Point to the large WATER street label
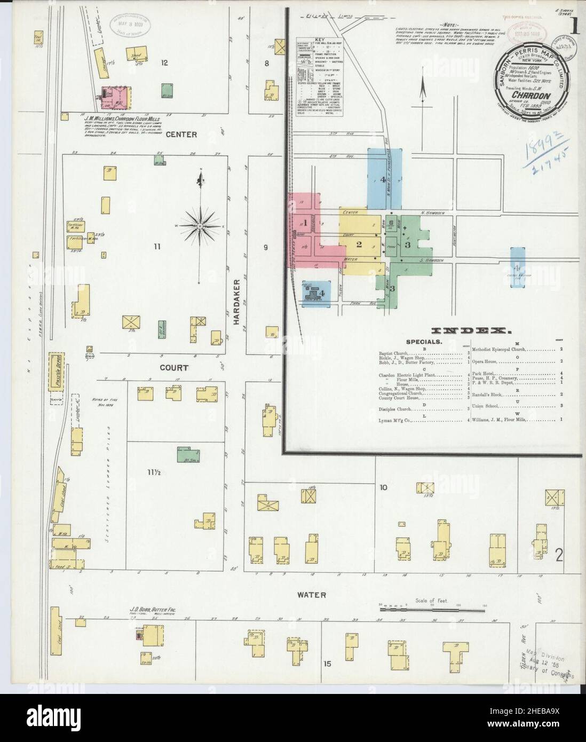tap(312, 594)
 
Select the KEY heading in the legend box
tap(320, 40)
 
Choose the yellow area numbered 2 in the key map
tap(359, 244)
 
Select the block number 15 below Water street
tap(327, 664)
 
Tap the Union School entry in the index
tap(487, 407)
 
